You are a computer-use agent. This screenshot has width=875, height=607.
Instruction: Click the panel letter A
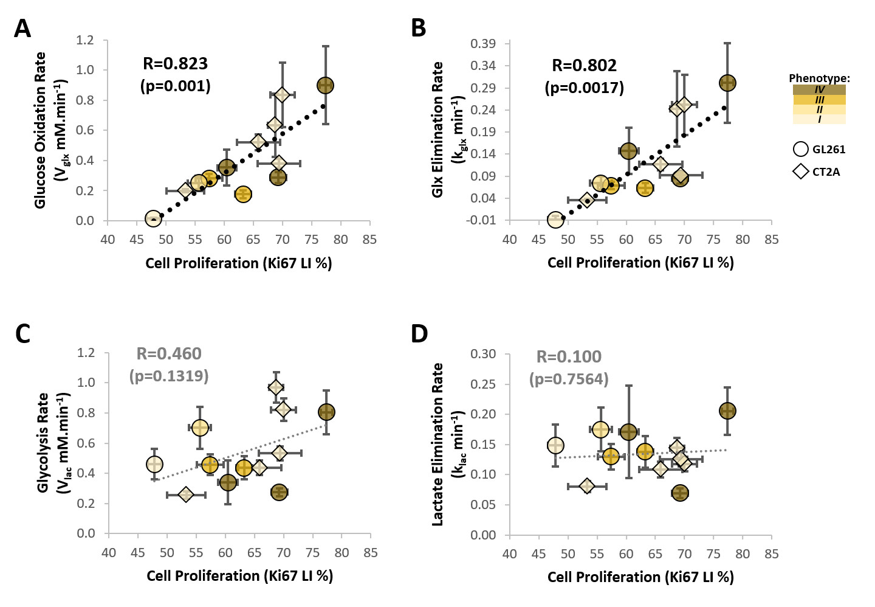pos(22,29)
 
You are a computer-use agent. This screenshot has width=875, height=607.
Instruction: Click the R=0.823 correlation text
pos(175,64)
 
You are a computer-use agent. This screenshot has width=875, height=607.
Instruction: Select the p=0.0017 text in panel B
pos(584,88)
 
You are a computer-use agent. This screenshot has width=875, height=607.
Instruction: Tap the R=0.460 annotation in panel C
pos(168,354)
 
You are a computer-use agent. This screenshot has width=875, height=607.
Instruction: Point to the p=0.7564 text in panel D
pos(569,380)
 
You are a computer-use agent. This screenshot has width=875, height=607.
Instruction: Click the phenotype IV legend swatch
pos(819,89)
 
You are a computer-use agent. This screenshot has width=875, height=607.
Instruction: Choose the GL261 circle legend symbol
pos(801,150)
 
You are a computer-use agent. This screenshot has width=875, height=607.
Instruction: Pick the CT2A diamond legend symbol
pos(801,172)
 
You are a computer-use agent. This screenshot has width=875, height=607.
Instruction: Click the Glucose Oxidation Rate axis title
pos(41,130)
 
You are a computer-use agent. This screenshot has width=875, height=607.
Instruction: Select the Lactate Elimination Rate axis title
pos(437,444)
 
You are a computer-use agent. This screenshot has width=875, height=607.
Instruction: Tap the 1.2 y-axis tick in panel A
pos(85,40)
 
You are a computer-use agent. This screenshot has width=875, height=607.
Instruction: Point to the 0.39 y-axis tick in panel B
pos(483,44)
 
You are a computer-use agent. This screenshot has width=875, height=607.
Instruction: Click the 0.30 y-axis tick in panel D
pos(484,354)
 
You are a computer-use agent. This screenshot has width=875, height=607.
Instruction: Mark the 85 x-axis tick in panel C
pos(371,553)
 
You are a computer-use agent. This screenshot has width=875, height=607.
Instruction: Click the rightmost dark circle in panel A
pos(326,86)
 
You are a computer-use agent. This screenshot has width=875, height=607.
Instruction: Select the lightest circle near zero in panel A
pos(153,218)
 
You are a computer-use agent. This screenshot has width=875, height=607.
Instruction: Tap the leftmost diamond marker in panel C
pos(186,495)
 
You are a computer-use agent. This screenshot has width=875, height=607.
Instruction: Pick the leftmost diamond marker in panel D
pos(586,486)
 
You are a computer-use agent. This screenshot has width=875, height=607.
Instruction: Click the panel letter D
pos(419,334)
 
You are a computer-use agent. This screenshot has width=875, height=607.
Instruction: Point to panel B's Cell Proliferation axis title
pos(640,263)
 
